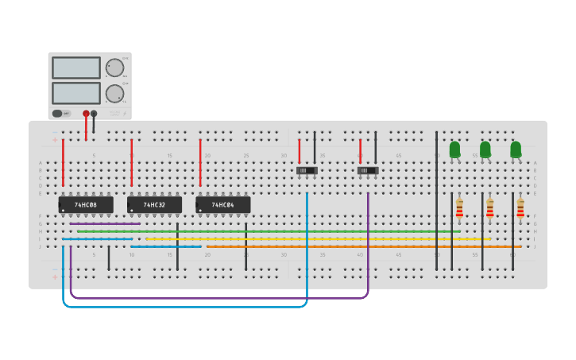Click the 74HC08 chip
pyautogui.click(x=86, y=205)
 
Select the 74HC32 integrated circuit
pyautogui.click(x=154, y=205)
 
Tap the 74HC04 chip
pyautogui.click(x=223, y=205)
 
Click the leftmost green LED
pyautogui.click(x=454, y=149)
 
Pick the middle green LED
pyautogui.click(x=485, y=149)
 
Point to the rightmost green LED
pyautogui.click(x=516, y=149)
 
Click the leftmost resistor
pyautogui.click(x=459, y=208)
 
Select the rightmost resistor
pyautogui.click(x=520, y=208)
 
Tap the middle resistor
pyautogui.click(x=489, y=208)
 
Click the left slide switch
pyautogui.click(x=307, y=170)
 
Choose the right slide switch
pyautogui.click(x=368, y=170)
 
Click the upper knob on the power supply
pyautogui.click(x=114, y=68)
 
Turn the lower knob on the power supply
pyautogui.click(x=114, y=93)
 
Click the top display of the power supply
pyautogui.click(x=76, y=68)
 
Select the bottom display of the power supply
pyautogui.click(x=76, y=93)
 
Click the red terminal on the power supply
pyautogui.click(x=86, y=114)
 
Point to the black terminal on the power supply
pyautogui.click(x=94, y=114)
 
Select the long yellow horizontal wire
pyautogui.click(x=318, y=238)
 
